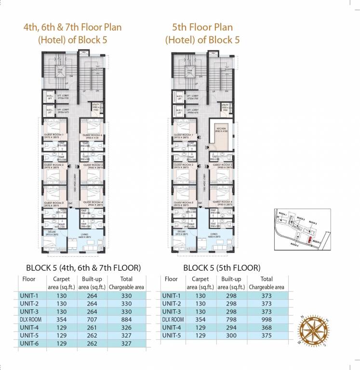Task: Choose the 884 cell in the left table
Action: [125, 319]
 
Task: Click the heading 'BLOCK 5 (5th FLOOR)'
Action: [222, 267]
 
